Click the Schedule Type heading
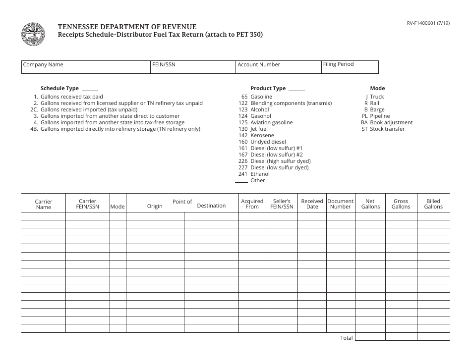pos(59,88)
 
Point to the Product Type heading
pos(268,88)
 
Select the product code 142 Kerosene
pos(256,135)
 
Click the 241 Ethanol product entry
pos(254,174)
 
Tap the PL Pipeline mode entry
pos(376,116)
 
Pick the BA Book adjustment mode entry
pos(386,122)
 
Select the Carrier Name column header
pos(44,204)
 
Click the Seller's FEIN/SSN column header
pos(282,204)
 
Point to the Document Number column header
pos(341,204)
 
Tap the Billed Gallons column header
pos(433,204)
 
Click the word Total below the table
pos(347,338)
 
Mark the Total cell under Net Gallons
pos(370,337)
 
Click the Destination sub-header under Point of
pos(211,206)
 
